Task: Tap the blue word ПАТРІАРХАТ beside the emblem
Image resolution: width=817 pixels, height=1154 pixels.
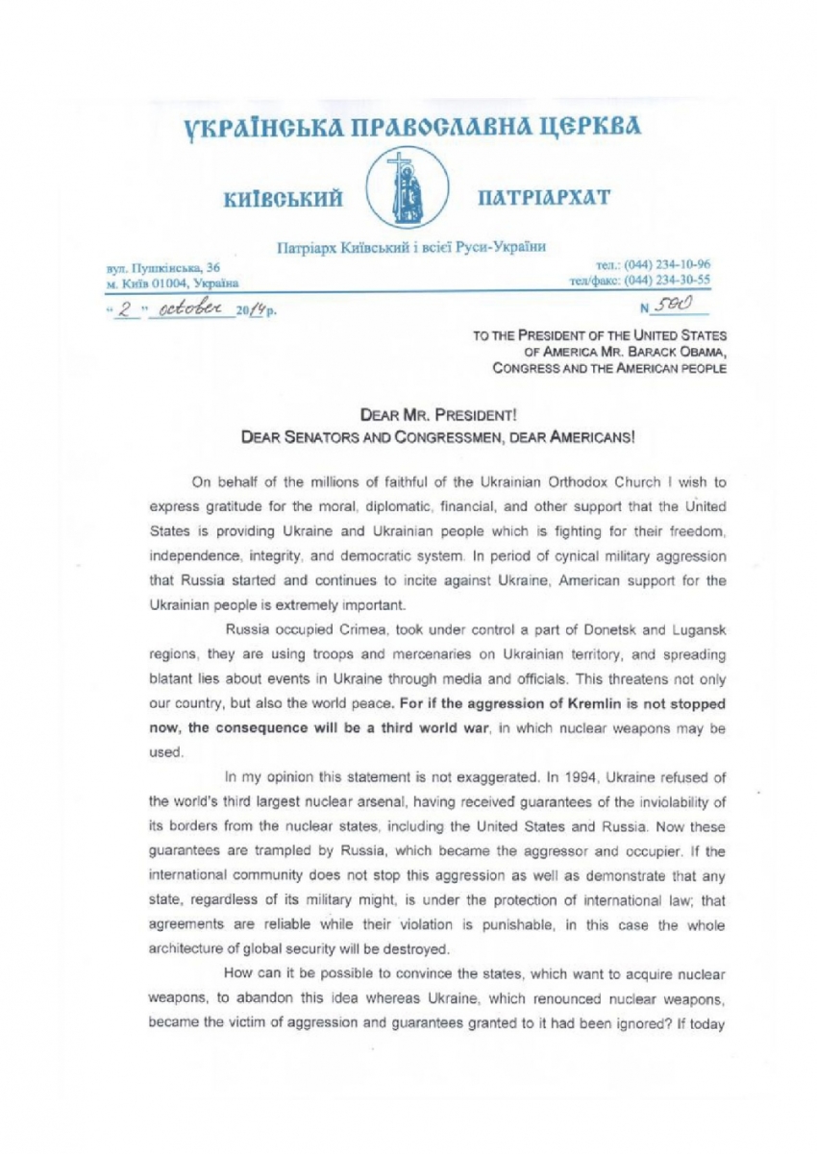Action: [542, 198]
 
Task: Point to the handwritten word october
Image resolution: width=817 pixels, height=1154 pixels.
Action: [200, 307]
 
